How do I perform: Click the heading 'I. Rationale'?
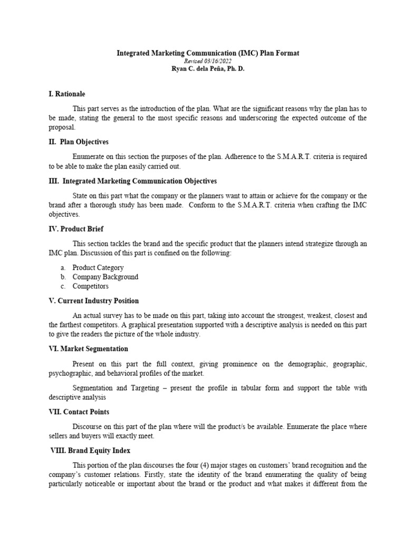point(66,94)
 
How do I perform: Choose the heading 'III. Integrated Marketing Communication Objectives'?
point(132,181)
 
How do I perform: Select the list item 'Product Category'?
point(98,267)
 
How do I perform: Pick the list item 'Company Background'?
point(105,277)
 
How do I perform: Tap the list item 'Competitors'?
point(91,286)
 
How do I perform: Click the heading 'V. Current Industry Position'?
point(93,301)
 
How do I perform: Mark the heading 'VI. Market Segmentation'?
point(88,348)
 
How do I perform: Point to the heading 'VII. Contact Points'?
point(79,412)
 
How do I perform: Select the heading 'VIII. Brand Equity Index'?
point(90,451)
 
